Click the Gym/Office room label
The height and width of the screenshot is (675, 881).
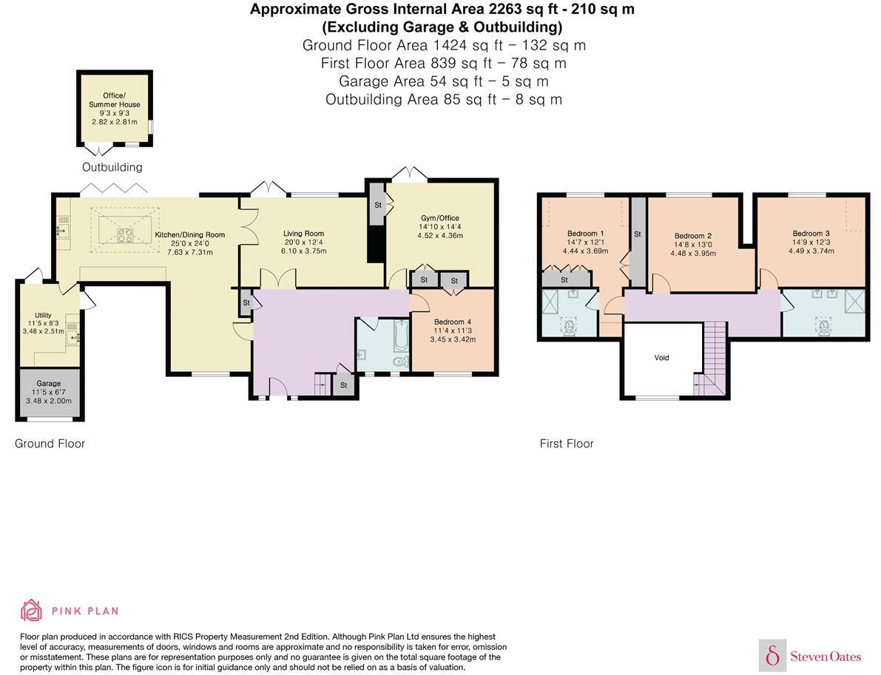pyautogui.click(x=440, y=218)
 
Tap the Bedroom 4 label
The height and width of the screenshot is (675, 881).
pyautogui.click(x=452, y=322)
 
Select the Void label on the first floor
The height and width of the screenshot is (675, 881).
pyautogui.click(x=661, y=357)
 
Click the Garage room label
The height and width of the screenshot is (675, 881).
pyautogui.click(x=48, y=383)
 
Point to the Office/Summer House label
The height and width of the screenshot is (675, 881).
pyautogui.click(x=114, y=100)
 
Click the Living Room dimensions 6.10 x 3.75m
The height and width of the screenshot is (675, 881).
pyautogui.click(x=303, y=251)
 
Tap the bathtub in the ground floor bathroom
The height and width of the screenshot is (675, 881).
pyautogui.click(x=401, y=336)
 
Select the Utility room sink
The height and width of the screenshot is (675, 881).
pyautogui.click(x=72, y=336)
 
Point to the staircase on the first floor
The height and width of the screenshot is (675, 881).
pyautogui.click(x=712, y=359)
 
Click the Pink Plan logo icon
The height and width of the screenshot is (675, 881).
pyautogui.click(x=32, y=611)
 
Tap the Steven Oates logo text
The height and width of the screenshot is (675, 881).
pyautogui.click(x=826, y=656)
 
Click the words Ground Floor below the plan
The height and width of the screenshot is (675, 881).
pyautogui.click(x=50, y=444)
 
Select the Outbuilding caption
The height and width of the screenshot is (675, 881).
pyautogui.click(x=112, y=167)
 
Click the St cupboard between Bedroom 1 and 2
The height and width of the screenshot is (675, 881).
pyautogui.click(x=638, y=241)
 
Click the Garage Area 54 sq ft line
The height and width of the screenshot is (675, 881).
pyautogui.click(x=443, y=81)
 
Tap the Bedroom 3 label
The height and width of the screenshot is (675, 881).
pyautogui.click(x=811, y=233)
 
